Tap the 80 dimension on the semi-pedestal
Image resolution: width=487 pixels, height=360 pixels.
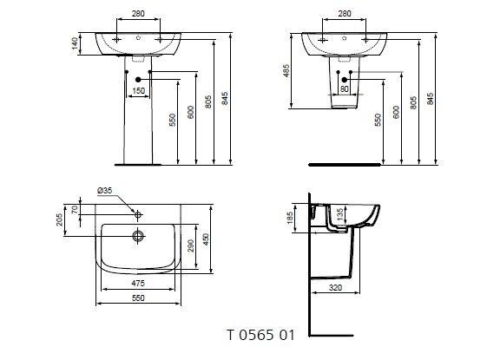[345, 89]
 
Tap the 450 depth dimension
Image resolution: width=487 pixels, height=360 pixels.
[207, 239]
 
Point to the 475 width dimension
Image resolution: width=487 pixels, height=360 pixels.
[137, 282]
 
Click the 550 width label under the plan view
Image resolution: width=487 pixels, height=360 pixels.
[137, 297]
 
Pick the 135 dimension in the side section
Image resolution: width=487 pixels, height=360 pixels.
[339, 214]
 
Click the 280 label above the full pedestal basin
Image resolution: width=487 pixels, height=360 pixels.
[137, 15]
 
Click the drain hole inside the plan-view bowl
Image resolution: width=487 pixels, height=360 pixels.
[137, 234]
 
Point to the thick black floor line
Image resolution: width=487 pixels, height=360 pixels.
[343, 162]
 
